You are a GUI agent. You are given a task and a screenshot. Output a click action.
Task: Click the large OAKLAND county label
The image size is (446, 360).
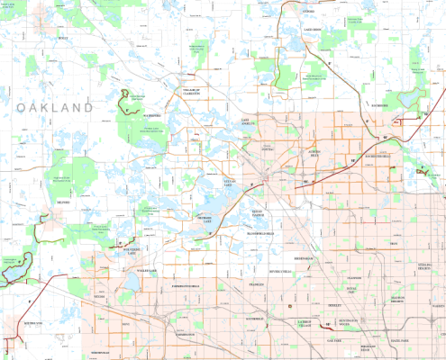[x=55, y=108]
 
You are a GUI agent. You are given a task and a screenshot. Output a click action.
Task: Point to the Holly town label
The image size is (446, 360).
[x=62, y=38]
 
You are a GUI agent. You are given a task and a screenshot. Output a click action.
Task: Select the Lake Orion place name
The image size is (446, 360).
[x=313, y=30]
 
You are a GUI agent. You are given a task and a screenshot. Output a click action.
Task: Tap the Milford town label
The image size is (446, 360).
[x=63, y=203]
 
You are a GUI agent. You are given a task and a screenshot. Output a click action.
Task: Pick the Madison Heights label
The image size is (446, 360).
[x=378, y=299]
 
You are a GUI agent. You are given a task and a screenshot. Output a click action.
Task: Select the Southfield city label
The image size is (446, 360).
[x=253, y=319]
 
